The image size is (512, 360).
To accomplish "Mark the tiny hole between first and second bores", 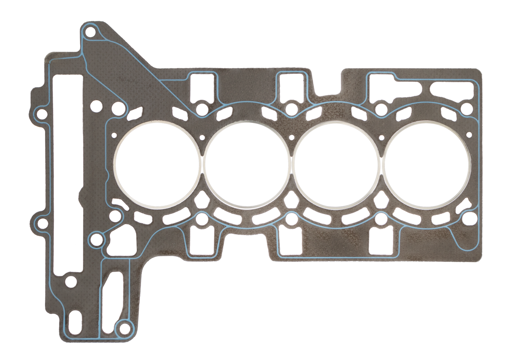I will coord(202,137).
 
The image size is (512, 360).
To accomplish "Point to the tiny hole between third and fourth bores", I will coord(382,137).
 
